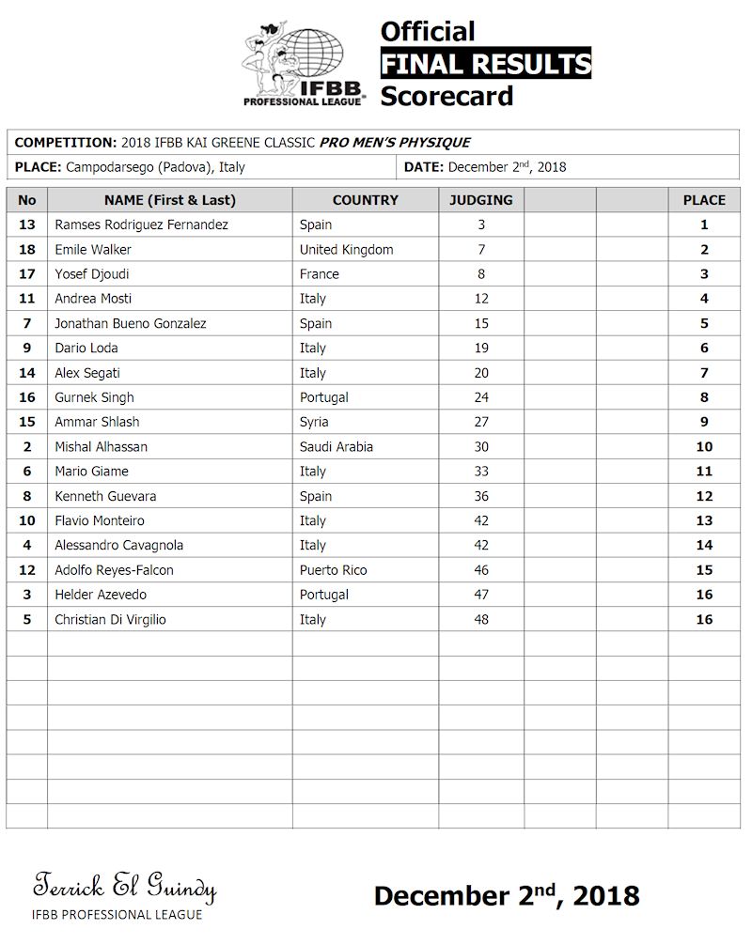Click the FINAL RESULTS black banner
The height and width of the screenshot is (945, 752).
click(485, 64)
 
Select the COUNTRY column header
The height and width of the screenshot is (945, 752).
click(365, 200)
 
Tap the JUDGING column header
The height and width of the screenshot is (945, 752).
click(481, 200)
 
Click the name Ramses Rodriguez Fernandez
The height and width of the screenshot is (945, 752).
click(142, 225)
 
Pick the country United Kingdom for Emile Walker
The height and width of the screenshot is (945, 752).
click(346, 250)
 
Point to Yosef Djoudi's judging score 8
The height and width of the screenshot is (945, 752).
click(481, 274)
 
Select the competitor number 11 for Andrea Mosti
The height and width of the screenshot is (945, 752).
click(26, 299)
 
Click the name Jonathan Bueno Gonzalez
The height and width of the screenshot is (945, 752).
click(131, 323)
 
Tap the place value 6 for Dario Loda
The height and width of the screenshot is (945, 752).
click(704, 348)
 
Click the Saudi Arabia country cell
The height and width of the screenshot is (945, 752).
click(336, 446)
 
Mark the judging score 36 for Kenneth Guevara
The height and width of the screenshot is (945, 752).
click(481, 496)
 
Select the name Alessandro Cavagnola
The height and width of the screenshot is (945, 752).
click(119, 545)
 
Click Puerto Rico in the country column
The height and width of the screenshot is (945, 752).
click(333, 569)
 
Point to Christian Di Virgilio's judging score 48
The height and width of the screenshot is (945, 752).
click(481, 619)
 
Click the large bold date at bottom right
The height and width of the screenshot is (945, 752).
click(507, 895)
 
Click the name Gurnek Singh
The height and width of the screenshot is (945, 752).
click(94, 397)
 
